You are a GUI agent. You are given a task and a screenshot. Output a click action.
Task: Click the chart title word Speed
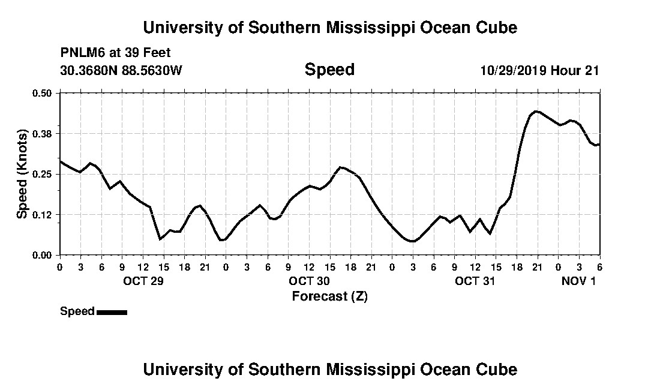pos(329,70)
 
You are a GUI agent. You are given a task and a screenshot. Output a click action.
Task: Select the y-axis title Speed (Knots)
pos(22,174)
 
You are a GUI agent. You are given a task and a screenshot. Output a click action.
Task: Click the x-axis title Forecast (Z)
pos(329,296)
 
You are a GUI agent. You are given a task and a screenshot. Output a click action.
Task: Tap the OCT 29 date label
pos(143,281)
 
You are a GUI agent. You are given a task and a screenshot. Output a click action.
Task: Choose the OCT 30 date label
pos(309,281)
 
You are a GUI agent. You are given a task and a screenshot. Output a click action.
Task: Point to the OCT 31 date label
pos(475,281)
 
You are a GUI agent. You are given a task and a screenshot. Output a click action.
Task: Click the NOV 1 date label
pos(578,281)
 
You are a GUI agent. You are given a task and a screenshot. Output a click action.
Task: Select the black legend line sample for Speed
pos(112,312)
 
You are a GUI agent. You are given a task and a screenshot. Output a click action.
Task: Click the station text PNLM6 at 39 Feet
pos(115,53)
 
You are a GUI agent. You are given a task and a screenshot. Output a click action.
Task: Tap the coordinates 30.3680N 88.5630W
pos(121,70)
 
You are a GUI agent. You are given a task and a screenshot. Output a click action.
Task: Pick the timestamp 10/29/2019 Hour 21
pos(539,70)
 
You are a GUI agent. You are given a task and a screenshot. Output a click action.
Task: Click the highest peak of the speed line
pos(536,111)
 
